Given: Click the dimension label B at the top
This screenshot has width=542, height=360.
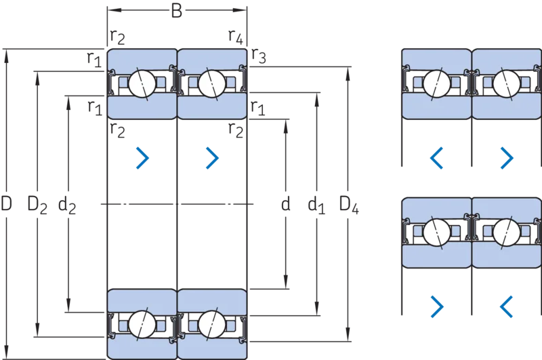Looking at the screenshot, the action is [x=177, y=11].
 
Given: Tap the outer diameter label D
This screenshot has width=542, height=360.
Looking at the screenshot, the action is [x=6, y=203].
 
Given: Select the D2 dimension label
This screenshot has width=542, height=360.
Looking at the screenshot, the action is [x=37, y=205].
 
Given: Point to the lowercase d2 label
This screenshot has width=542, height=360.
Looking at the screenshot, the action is [x=67, y=205].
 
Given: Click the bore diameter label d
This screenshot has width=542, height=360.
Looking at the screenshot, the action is [x=285, y=203].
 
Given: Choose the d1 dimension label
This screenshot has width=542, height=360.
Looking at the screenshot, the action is [x=316, y=205].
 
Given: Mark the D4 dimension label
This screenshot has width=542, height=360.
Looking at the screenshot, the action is [x=349, y=205].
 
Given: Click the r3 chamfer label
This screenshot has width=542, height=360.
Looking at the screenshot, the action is [x=259, y=56].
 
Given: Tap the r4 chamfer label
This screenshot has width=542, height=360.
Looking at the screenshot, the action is [x=236, y=37].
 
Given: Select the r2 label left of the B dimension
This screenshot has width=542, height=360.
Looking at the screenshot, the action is [x=117, y=37].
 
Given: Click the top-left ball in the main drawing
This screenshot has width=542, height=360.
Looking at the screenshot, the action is [x=142, y=83].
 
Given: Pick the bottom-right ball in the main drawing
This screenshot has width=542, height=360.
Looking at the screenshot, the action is [x=212, y=324].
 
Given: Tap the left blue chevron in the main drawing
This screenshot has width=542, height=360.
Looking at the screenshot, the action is [x=142, y=158].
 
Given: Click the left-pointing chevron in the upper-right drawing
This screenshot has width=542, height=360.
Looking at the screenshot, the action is [x=436, y=158].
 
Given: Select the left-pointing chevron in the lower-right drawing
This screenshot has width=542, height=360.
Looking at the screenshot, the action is [x=506, y=306].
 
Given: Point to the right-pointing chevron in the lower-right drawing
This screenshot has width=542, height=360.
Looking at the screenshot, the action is [x=437, y=306].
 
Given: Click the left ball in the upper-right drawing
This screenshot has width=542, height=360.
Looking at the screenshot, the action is [x=436, y=83].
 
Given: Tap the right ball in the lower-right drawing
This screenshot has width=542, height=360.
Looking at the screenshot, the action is [x=506, y=232].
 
